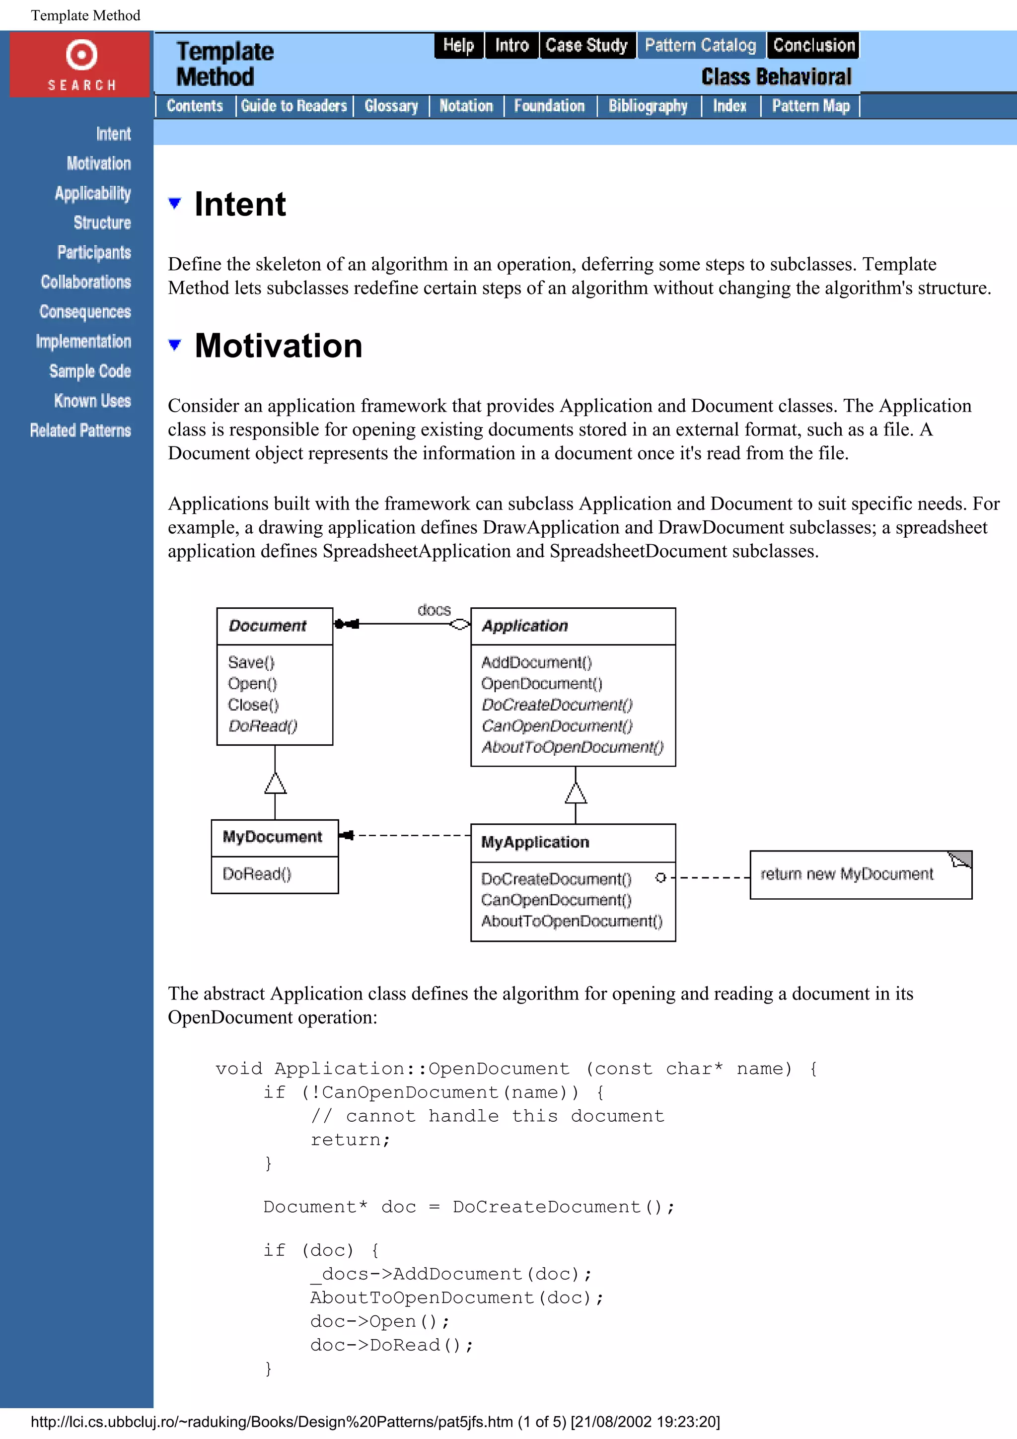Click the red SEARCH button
click(x=80, y=65)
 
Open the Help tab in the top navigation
click(x=459, y=45)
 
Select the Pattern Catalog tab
click(x=701, y=45)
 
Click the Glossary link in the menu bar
click(x=391, y=106)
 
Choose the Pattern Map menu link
click(x=810, y=106)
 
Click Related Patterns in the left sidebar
click(x=80, y=431)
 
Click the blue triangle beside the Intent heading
click(x=175, y=203)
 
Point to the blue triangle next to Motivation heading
click(x=175, y=345)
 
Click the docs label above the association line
click(x=434, y=610)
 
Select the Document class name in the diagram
click(x=268, y=626)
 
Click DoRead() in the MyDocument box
click(x=257, y=874)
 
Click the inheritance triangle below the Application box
click(x=575, y=793)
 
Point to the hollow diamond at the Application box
click(x=460, y=624)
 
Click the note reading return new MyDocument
click(x=847, y=874)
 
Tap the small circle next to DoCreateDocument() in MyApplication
click(x=660, y=877)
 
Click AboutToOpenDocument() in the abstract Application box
click(x=572, y=747)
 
